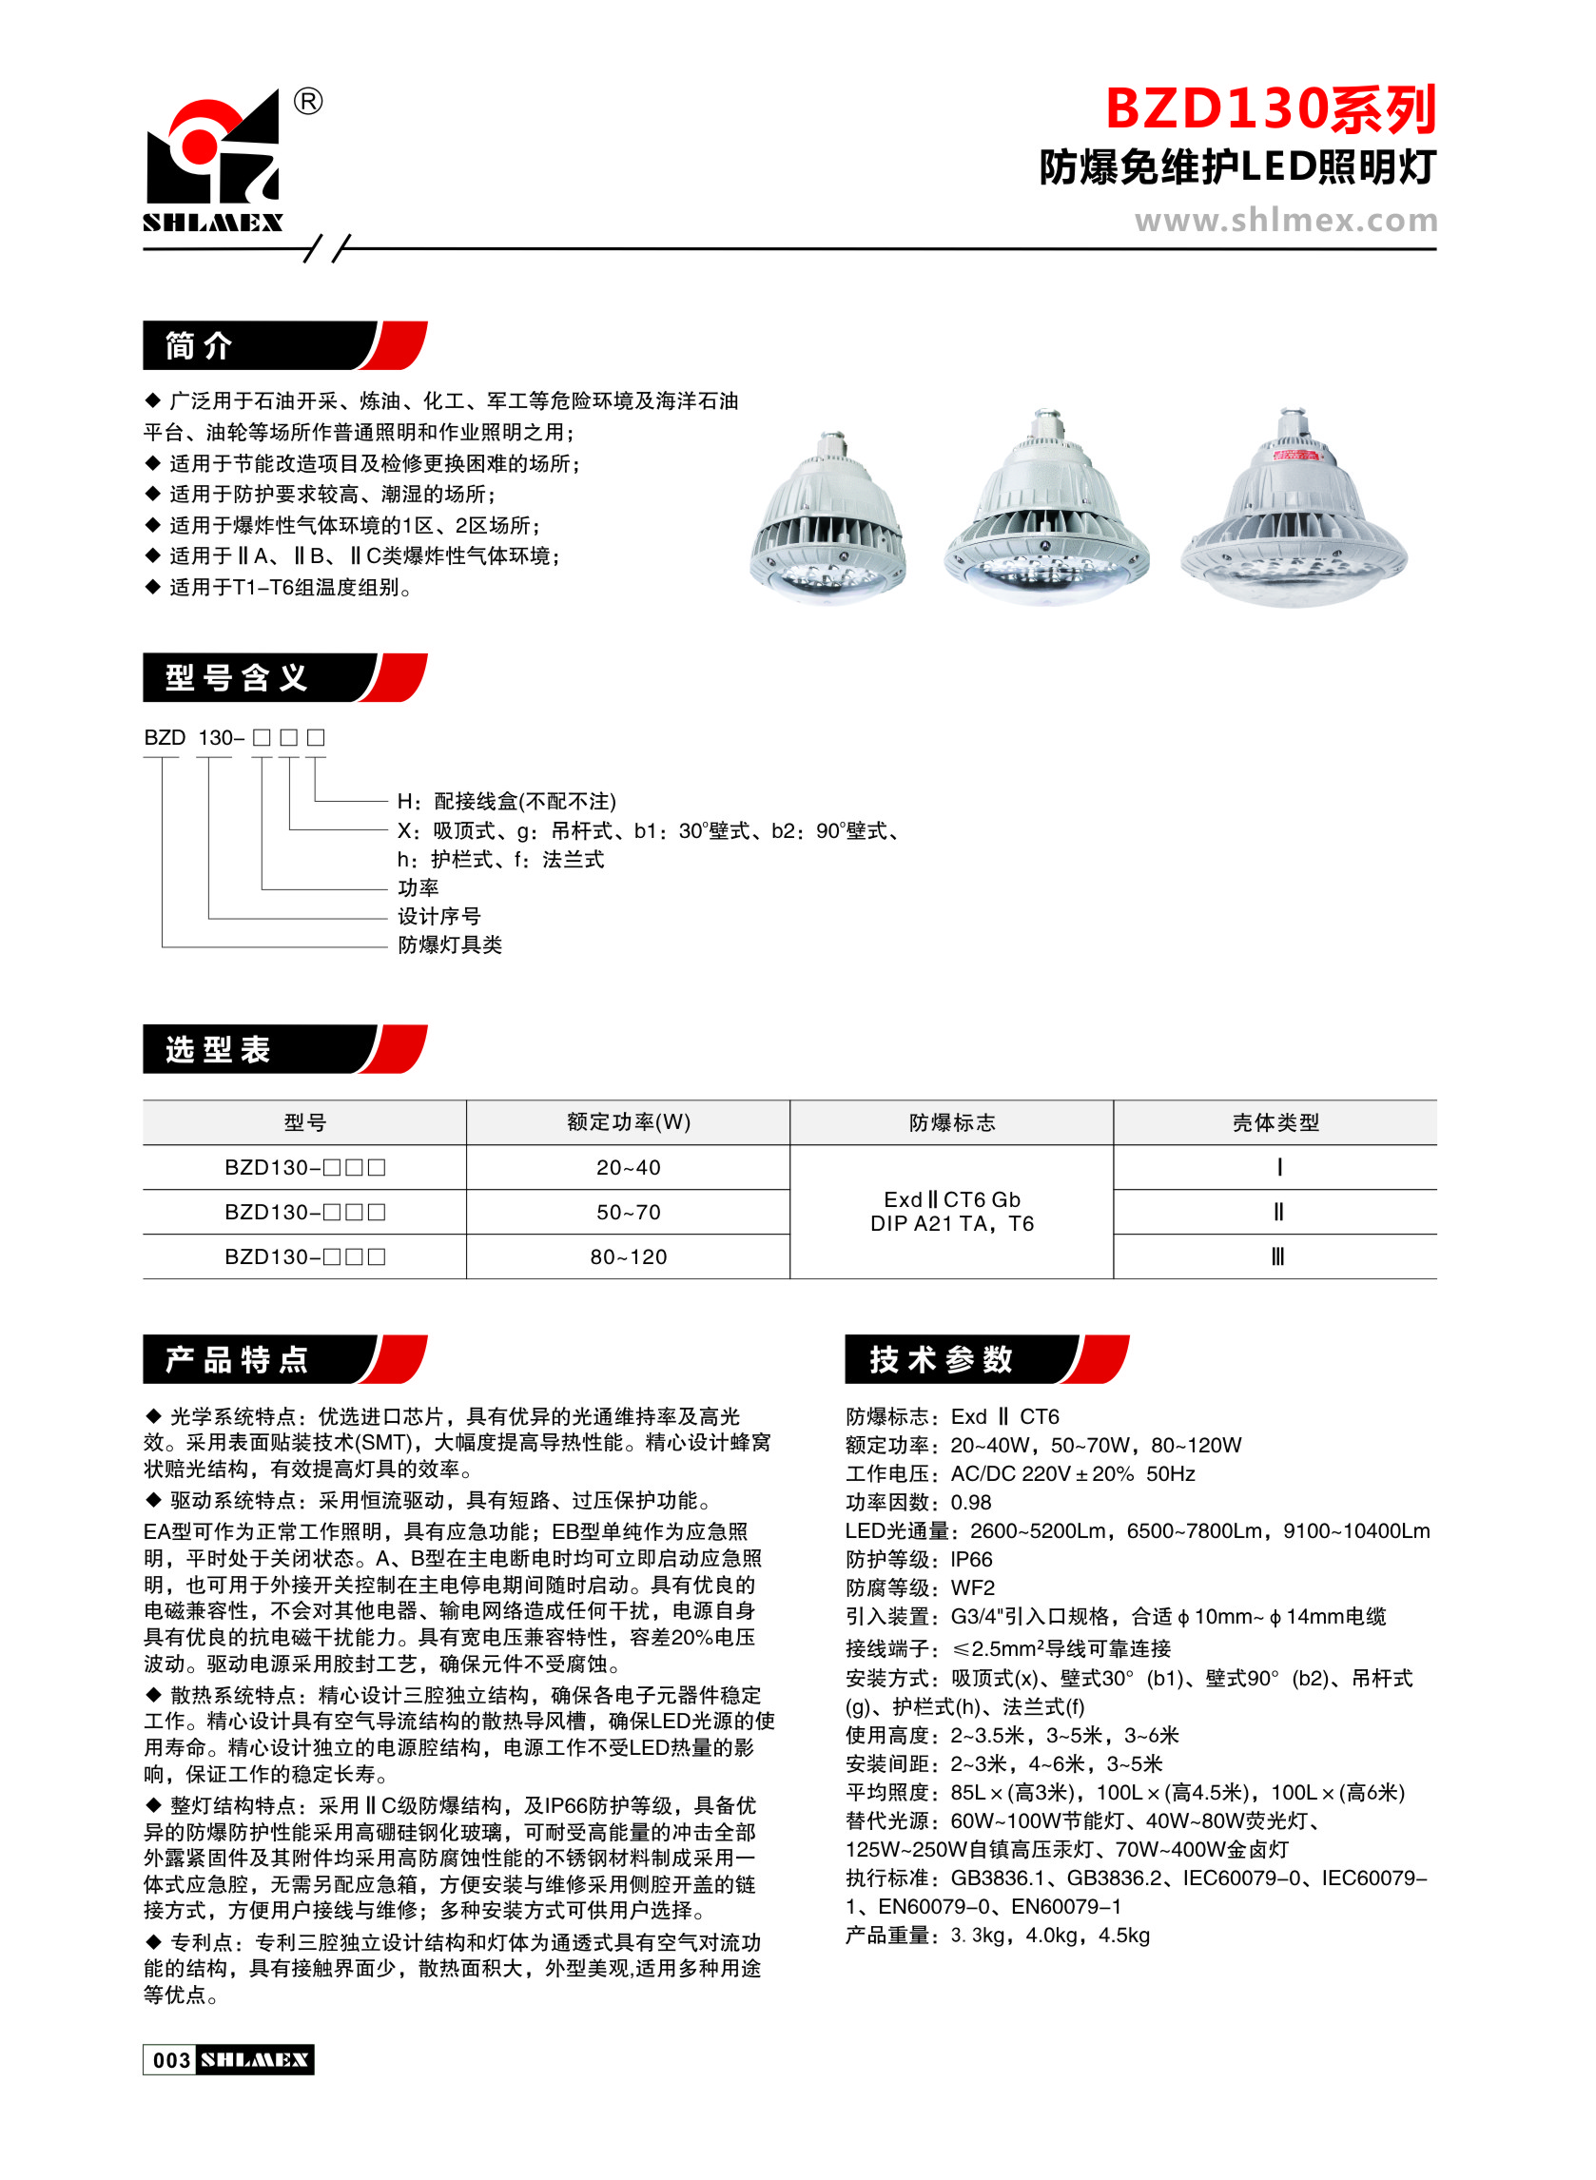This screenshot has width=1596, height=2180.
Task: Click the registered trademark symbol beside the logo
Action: [x=307, y=101]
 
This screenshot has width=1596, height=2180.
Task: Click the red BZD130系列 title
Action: [x=1270, y=109]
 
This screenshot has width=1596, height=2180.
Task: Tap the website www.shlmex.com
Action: [x=1285, y=221]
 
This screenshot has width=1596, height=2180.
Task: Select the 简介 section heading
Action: [x=199, y=346]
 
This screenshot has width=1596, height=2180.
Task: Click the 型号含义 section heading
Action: [x=237, y=678]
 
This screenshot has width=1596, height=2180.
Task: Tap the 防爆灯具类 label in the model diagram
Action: [x=450, y=944]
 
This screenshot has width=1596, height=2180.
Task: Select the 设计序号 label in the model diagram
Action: [x=438, y=916]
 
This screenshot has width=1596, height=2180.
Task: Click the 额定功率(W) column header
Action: [x=628, y=1121]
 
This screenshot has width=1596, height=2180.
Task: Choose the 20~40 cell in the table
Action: [x=628, y=1167]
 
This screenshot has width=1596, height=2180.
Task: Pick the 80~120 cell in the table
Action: [x=628, y=1256]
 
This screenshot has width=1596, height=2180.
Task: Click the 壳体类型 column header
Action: [x=1275, y=1121]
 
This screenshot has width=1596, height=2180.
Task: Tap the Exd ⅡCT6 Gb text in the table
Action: [x=952, y=1199]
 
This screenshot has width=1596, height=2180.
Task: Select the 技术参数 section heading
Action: [x=941, y=1359]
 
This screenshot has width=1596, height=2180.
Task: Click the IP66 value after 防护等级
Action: [x=971, y=1559]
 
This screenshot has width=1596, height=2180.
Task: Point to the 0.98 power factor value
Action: [x=971, y=1502]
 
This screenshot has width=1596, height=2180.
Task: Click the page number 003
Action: [x=172, y=2060]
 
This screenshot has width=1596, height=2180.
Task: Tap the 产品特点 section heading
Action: [x=237, y=1359]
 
